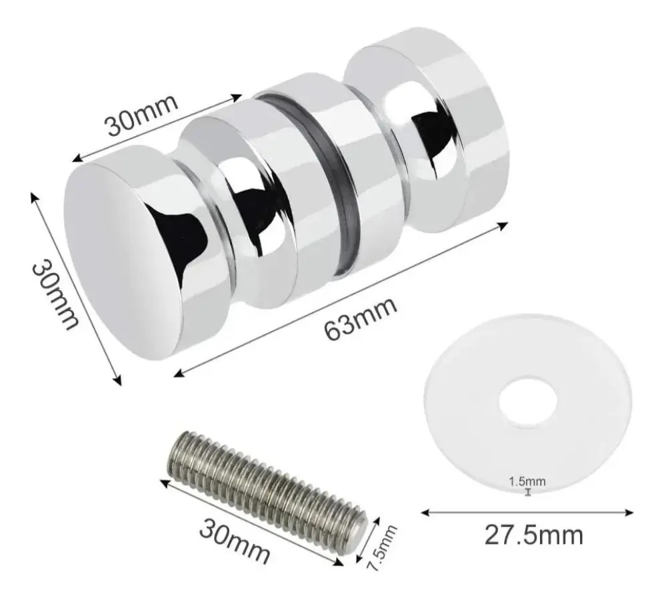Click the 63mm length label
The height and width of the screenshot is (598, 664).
pos(361,318)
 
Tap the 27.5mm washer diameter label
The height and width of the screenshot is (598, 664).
pos(533,535)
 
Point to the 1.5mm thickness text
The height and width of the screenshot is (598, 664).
pos(527,481)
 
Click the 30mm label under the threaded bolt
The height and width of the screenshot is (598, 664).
pos(234,542)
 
